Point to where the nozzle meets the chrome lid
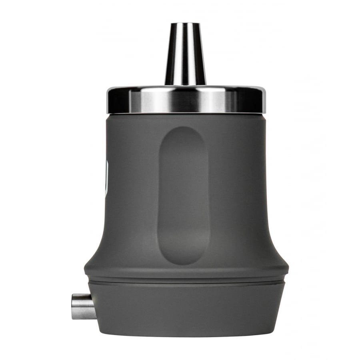(x=185, y=84)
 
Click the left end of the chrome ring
(x=108, y=100)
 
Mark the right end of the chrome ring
(x=264, y=100)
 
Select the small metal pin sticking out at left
(x=82, y=306)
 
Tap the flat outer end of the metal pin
(x=73, y=306)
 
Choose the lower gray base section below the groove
(x=186, y=308)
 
